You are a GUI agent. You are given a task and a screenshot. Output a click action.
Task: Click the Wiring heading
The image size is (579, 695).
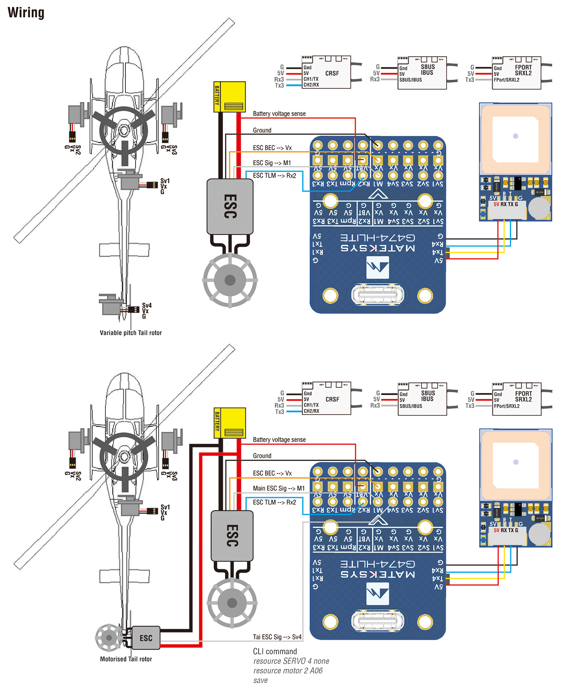click(26, 13)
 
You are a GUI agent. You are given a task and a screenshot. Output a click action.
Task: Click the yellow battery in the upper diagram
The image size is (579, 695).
click(230, 97)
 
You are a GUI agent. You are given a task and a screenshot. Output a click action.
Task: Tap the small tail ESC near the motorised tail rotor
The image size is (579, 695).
click(146, 638)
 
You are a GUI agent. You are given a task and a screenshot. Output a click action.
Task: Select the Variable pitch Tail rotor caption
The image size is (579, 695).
click(130, 332)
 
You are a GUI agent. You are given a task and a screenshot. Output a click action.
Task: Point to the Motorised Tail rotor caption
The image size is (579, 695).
click(126, 659)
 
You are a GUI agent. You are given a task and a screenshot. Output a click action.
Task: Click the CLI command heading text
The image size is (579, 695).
click(275, 651)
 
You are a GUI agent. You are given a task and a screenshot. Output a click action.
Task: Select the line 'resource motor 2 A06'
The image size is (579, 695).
click(288, 671)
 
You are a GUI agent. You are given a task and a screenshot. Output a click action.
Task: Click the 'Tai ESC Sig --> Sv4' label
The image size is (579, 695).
click(277, 637)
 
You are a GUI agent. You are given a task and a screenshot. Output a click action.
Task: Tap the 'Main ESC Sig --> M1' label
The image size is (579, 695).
click(279, 488)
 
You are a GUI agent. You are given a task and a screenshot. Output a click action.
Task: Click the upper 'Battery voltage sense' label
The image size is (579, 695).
click(279, 114)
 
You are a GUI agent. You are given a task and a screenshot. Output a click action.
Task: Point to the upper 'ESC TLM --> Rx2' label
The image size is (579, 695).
click(274, 175)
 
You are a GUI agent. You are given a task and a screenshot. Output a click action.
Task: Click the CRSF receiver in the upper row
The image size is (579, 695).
click(326, 73)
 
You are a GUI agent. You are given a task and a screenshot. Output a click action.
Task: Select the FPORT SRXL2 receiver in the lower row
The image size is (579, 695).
click(516, 399)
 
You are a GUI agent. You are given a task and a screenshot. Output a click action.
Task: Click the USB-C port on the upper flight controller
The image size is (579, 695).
click(377, 295)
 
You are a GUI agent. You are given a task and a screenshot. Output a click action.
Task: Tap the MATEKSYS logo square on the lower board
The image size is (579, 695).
click(378, 593)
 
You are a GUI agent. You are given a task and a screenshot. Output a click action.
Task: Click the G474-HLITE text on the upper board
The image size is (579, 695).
click(377, 238)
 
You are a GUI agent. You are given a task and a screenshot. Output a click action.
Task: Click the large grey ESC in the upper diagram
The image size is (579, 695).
click(230, 206)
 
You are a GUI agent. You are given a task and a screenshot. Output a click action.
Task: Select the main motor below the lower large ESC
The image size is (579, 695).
click(232, 602)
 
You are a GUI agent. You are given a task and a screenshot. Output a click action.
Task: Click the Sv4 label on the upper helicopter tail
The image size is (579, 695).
click(147, 305)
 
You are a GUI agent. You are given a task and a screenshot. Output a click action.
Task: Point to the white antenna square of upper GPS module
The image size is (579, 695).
click(515, 139)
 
